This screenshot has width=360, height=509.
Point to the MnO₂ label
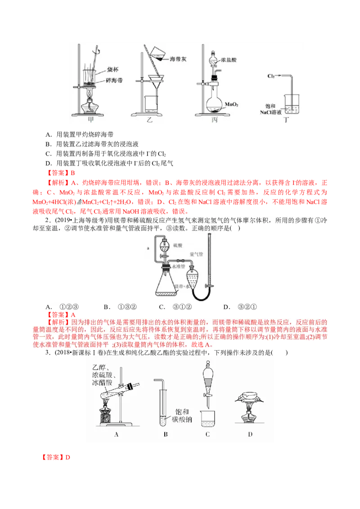231,104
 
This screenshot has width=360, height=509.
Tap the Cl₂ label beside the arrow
271,76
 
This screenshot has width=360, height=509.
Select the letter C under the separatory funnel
207,434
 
